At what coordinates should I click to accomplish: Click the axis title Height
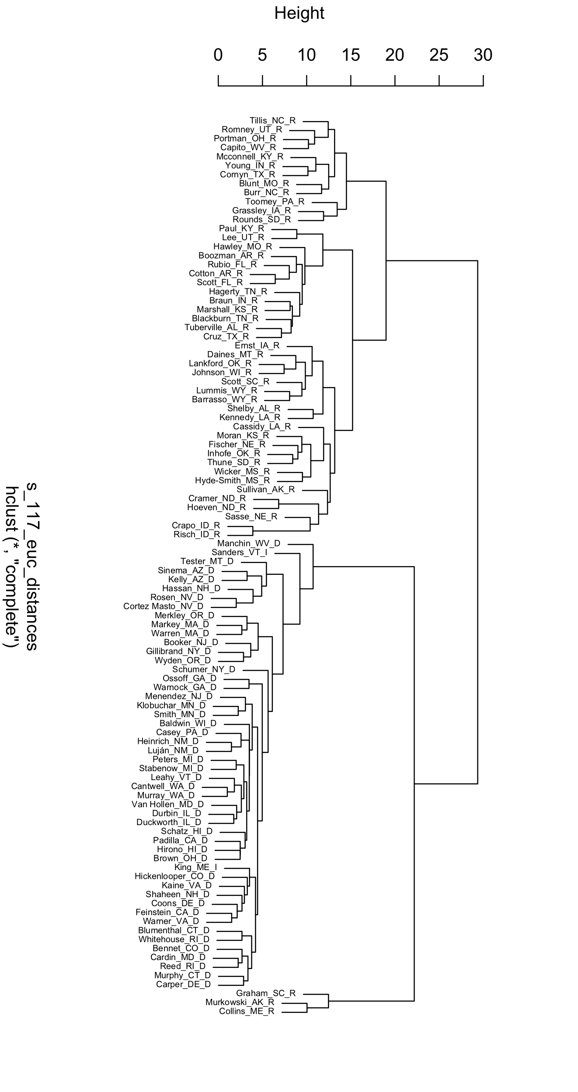(x=299, y=14)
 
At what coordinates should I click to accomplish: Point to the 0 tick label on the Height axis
(x=218, y=55)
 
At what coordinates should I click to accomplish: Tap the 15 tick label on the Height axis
(x=351, y=55)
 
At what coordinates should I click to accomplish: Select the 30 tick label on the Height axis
(x=483, y=55)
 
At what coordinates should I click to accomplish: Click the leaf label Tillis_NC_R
(x=272, y=121)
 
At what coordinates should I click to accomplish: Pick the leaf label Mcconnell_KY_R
(x=250, y=157)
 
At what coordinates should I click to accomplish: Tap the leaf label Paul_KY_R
(x=241, y=228)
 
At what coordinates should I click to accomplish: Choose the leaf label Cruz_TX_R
(x=226, y=337)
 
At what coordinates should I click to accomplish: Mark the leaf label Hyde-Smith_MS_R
(x=232, y=481)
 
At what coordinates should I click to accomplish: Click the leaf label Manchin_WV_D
(x=249, y=544)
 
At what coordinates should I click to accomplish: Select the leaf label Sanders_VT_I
(x=239, y=553)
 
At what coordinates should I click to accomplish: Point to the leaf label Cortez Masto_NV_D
(x=163, y=606)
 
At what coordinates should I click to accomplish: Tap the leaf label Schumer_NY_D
(x=203, y=670)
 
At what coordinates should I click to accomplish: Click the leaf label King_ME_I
(x=195, y=867)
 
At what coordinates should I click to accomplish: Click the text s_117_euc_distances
(x=31, y=567)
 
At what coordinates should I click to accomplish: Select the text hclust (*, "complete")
(x=12, y=567)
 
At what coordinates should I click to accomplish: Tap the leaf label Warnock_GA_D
(x=185, y=688)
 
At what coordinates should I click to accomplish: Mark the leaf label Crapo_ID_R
(x=196, y=525)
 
